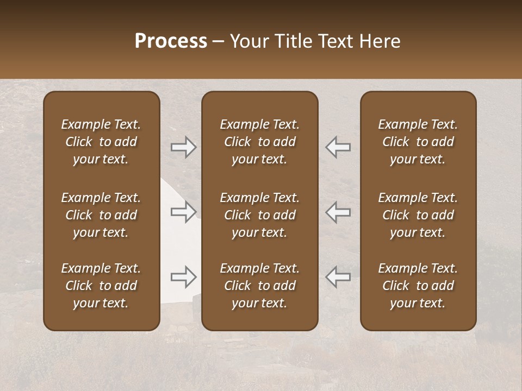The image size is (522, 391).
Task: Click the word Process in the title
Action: coord(171,41)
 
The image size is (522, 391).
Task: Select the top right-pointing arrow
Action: coord(184,147)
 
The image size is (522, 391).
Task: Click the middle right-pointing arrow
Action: coord(184,212)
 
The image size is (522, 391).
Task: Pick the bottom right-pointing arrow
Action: coord(184,277)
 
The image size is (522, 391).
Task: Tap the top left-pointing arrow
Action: coord(338,147)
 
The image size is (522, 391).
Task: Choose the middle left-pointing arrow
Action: coord(338,212)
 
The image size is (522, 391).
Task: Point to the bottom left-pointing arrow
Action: coord(338,277)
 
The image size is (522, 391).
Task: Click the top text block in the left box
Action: coord(101,142)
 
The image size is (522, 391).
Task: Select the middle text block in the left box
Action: coord(101,215)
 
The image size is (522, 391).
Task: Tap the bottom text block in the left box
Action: coord(101,286)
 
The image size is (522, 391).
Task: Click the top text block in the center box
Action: coord(259,142)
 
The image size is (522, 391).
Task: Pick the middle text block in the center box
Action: coord(259,215)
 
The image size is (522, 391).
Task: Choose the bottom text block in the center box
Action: coord(259,286)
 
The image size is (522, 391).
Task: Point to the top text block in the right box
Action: coord(418,142)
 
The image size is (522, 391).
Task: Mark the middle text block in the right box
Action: coord(418,215)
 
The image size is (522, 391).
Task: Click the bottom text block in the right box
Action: coord(418,286)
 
